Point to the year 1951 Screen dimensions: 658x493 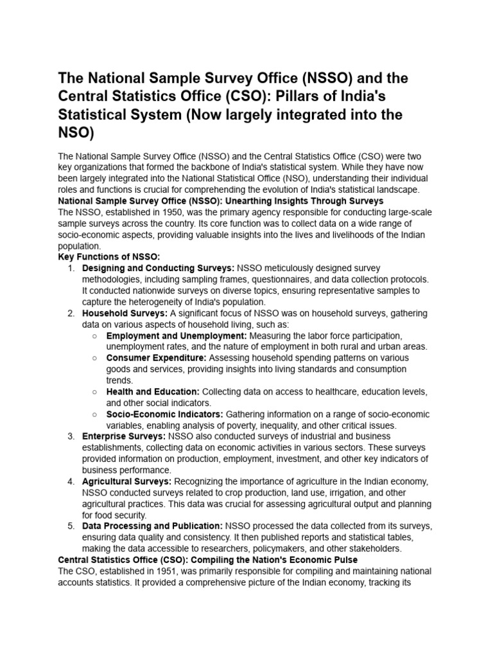pos(164,571)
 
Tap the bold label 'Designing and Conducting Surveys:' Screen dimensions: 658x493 pos(159,268)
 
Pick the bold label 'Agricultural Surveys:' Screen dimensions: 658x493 pos(127,481)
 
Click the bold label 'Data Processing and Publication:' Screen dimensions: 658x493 pos(152,526)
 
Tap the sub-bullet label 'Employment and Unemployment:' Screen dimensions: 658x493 pos(177,335)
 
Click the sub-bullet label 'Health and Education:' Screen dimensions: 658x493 pos(153,391)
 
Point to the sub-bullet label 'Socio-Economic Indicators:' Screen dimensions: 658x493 pos(165,414)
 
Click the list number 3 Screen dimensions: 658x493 pos(71,436)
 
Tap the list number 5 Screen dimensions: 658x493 pos(71,526)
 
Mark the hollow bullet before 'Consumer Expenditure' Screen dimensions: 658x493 pos(94,358)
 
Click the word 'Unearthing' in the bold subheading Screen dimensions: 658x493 pos(256,200)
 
